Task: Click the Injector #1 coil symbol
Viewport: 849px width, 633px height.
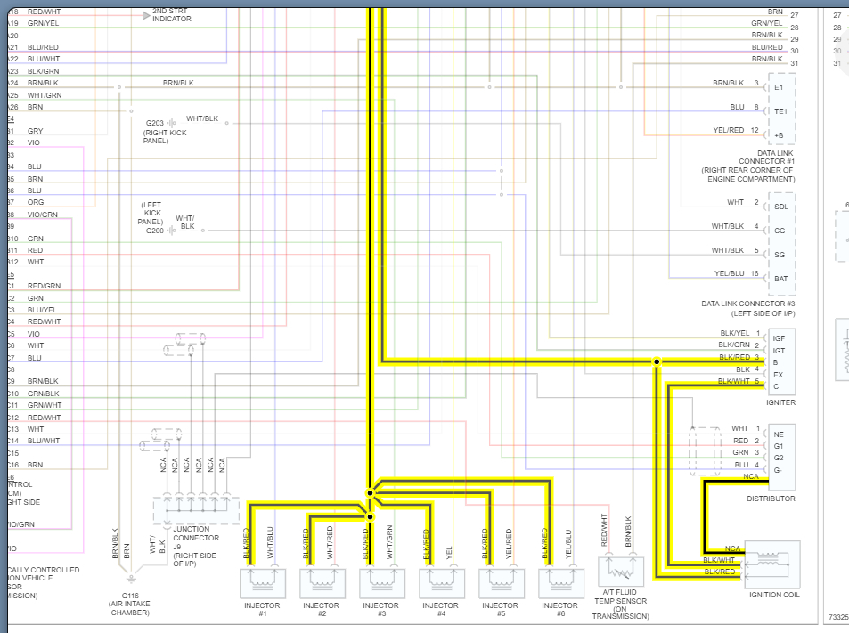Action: [262, 582]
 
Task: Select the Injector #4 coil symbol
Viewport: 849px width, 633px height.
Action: [441, 582]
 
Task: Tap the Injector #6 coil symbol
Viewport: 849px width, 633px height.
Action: [560, 582]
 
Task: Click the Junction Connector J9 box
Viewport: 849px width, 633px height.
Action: [197, 511]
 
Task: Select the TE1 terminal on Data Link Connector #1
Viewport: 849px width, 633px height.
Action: [780, 111]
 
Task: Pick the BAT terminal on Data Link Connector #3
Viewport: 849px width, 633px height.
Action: [781, 279]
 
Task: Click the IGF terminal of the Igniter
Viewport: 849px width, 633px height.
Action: [779, 338]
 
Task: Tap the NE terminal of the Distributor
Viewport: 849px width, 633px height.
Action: [778, 434]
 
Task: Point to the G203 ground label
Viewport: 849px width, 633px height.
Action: [155, 122]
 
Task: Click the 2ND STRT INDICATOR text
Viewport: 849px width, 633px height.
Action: [171, 14]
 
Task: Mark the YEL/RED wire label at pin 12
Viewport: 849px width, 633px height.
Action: [728, 130]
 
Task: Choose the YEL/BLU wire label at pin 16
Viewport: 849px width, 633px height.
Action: [729, 273]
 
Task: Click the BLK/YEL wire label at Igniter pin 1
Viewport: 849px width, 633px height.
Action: [735, 333]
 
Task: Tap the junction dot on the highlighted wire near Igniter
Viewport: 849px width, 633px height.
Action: [657, 362]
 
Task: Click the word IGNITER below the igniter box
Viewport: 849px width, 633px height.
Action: [780, 402]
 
